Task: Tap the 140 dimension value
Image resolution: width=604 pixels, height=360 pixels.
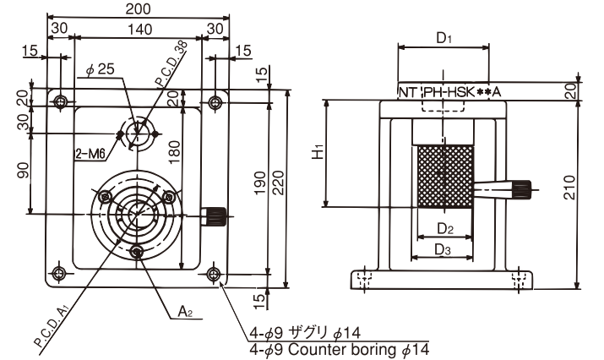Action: click(139, 29)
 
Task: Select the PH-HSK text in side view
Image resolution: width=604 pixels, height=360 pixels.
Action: click(450, 91)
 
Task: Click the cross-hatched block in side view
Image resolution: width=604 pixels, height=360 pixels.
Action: click(443, 176)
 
